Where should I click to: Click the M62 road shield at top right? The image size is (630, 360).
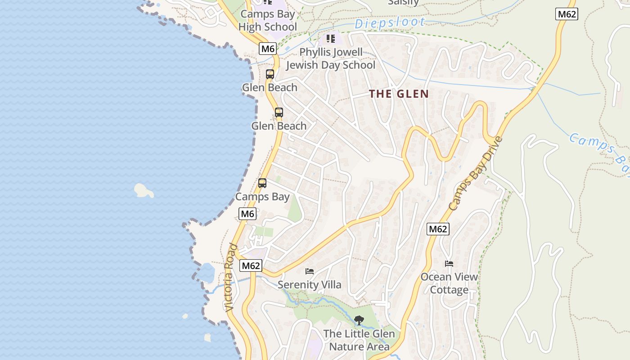(567, 14)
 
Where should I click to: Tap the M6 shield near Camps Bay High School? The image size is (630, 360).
(268, 48)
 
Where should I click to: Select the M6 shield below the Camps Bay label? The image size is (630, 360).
(247, 214)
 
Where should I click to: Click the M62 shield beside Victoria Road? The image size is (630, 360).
(251, 265)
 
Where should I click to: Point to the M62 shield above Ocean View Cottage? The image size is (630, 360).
(438, 229)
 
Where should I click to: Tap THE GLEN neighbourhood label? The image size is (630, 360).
(399, 94)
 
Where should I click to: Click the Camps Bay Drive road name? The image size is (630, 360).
(476, 173)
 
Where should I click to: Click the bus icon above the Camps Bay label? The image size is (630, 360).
(262, 183)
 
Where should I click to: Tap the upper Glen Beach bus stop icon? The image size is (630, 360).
(270, 74)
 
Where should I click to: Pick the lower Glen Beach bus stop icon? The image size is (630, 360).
(279, 112)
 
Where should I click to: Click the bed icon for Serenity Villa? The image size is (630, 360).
(310, 271)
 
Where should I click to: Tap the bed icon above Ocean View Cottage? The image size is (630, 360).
(449, 263)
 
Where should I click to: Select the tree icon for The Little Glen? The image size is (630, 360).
(359, 320)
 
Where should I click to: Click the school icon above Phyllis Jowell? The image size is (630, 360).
(331, 39)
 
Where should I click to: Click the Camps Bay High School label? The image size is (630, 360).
(268, 20)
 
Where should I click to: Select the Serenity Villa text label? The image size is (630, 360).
(310, 285)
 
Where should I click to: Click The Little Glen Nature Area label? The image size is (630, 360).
(359, 340)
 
